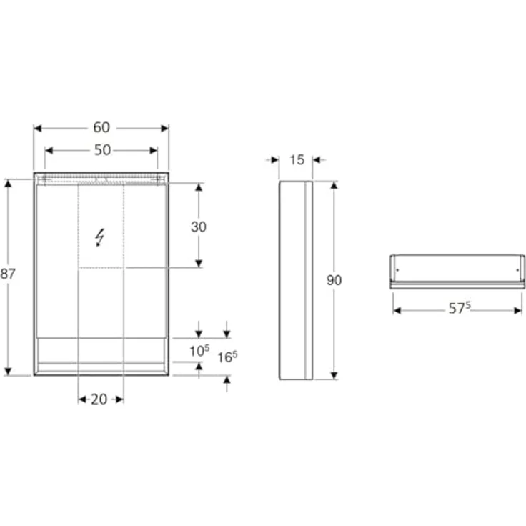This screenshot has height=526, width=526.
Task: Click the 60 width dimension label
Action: (101, 128)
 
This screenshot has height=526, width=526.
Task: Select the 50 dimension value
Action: (102, 150)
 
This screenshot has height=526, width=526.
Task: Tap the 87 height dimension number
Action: (8, 273)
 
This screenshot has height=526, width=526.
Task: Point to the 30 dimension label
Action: (199, 227)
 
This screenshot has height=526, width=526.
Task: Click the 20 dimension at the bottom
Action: (99, 399)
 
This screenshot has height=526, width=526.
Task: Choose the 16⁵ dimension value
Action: (227, 357)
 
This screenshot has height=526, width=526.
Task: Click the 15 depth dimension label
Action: (296, 159)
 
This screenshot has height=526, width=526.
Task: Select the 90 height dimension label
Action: (334, 280)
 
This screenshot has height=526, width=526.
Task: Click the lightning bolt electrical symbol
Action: (101, 237)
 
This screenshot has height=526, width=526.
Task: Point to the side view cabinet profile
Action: (295, 280)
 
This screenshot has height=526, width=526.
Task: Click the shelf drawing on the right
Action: (457, 272)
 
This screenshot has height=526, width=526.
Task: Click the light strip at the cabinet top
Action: (101, 178)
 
